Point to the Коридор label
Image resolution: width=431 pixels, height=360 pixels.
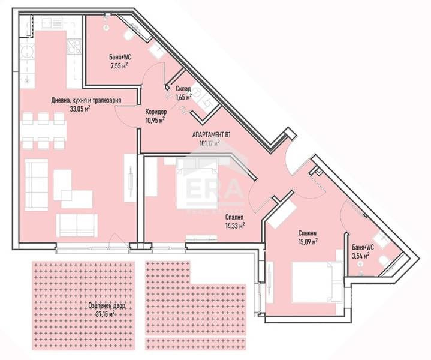[x=156, y=112]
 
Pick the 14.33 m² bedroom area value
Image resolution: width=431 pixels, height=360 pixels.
[x=234, y=226]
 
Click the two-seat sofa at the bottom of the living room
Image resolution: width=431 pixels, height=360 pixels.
[x=76, y=224]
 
